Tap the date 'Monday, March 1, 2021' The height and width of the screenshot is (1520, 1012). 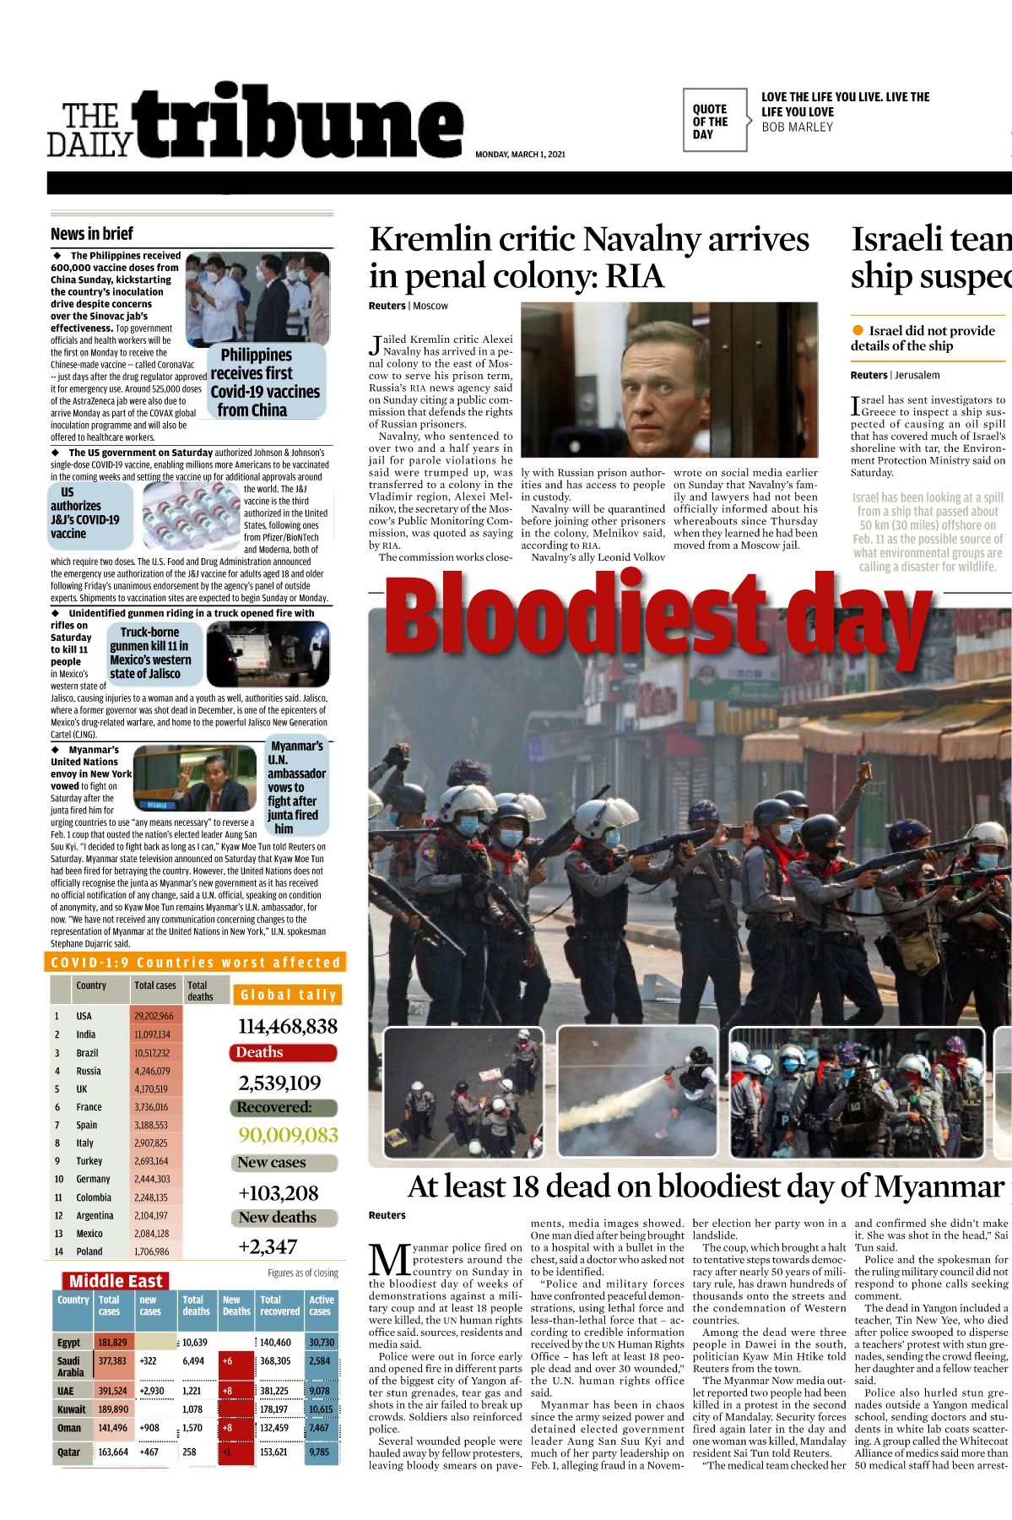point(520,155)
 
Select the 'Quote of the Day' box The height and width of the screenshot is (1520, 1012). point(714,121)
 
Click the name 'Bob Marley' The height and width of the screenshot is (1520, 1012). point(797,128)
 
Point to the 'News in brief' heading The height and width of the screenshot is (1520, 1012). point(92,234)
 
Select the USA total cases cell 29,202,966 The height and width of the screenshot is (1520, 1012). point(154,1016)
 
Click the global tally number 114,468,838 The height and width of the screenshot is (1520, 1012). point(287,1026)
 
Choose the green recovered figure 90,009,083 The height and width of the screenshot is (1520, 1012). point(288,1135)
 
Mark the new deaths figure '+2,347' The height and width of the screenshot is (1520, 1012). point(268,1246)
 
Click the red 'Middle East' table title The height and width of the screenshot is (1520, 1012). point(116,1281)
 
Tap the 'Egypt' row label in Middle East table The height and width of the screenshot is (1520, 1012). point(69,1342)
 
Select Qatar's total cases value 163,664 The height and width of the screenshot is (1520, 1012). point(113,1452)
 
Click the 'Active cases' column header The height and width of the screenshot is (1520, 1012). point(321,1306)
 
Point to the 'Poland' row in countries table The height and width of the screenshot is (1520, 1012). point(89,1251)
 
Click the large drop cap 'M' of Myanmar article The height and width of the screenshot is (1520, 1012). point(389,1260)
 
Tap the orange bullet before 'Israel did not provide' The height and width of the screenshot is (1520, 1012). point(858,330)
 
